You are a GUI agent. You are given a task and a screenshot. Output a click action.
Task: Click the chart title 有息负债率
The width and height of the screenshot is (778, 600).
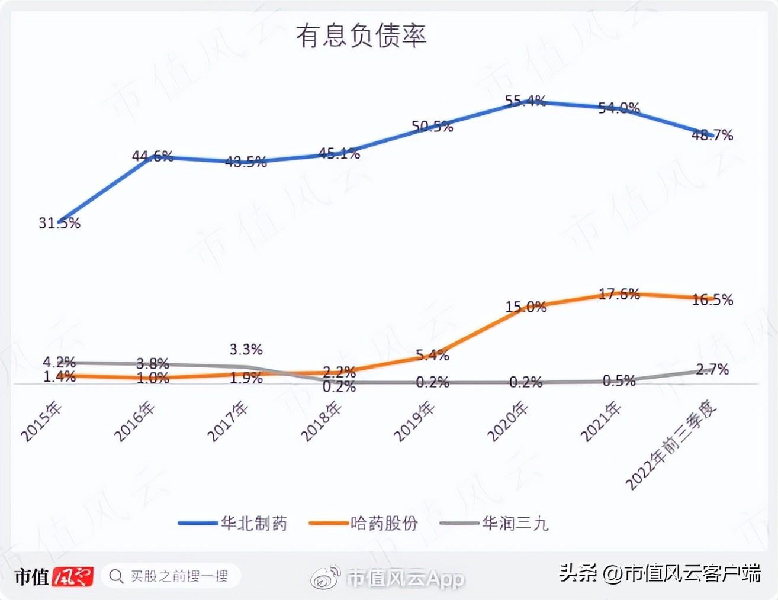[x=361, y=36]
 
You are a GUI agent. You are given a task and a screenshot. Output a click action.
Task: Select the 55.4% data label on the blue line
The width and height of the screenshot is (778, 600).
[x=526, y=101]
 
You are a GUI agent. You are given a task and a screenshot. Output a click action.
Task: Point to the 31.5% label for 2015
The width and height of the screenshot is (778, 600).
[x=59, y=223]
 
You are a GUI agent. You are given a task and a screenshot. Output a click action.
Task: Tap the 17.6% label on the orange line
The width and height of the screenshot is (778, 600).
[x=619, y=294]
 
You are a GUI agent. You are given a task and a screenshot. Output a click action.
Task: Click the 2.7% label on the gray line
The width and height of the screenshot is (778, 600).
[x=712, y=370]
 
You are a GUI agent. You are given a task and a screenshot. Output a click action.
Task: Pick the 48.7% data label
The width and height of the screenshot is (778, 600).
[x=712, y=135]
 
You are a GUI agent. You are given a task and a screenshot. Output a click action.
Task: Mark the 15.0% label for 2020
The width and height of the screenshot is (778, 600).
[x=526, y=307]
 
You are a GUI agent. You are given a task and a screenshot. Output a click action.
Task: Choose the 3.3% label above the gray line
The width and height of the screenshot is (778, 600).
[x=246, y=350]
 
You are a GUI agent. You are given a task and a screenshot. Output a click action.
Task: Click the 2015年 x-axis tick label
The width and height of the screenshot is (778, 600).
[x=41, y=421]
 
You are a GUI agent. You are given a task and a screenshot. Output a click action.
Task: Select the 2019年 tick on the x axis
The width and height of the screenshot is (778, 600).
[x=414, y=421]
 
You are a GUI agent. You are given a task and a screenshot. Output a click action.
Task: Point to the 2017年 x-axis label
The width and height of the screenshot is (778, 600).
[x=228, y=421]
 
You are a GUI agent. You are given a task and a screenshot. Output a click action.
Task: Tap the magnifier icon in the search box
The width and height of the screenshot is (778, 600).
[x=117, y=576]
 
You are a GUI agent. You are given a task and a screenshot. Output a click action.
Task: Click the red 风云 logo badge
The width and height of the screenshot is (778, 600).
[x=73, y=576]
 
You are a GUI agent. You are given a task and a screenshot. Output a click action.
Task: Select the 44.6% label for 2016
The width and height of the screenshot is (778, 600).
[x=152, y=156]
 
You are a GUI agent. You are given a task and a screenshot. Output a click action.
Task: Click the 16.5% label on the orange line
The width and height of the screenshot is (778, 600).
[x=712, y=300]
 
